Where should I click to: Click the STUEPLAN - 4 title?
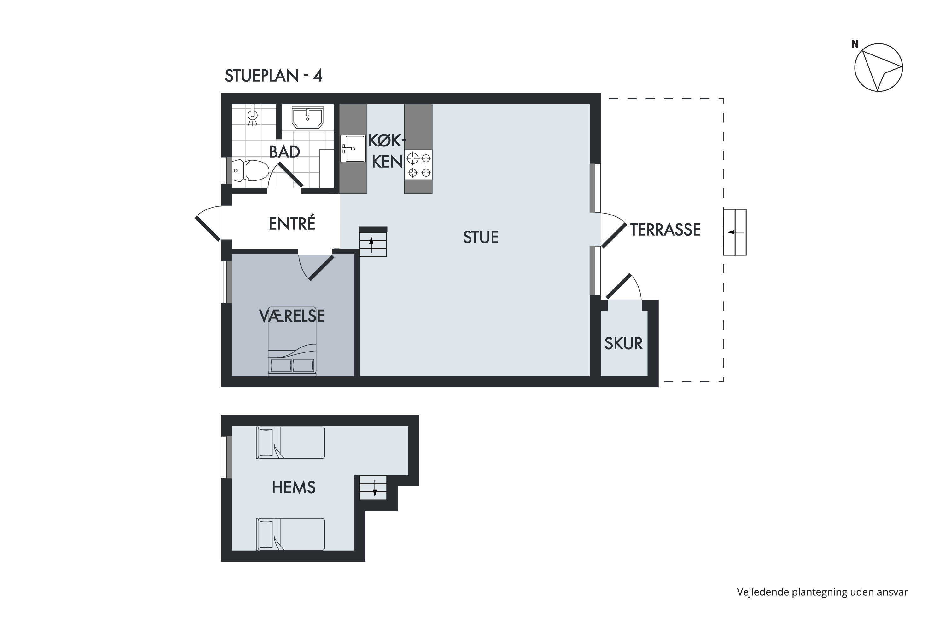[x=273, y=76]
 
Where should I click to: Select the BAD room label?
[x=284, y=152]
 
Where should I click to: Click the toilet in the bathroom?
[x=250, y=170]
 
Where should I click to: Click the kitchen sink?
[x=353, y=149]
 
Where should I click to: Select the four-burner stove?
[x=418, y=165]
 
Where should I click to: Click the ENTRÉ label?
[x=292, y=223]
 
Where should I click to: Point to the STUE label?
[x=481, y=238]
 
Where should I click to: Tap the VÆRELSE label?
[x=292, y=316]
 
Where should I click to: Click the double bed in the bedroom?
[x=292, y=341]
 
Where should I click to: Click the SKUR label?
[x=623, y=344]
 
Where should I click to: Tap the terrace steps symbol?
[x=735, y=232]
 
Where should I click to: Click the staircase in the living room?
[x=373, y=242]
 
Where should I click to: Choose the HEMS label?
[x=294, y=487]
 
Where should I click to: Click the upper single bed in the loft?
[x=290, y=442]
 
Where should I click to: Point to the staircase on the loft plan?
[x=373, y=488]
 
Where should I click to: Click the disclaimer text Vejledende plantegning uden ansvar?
[x=822, y=592]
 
